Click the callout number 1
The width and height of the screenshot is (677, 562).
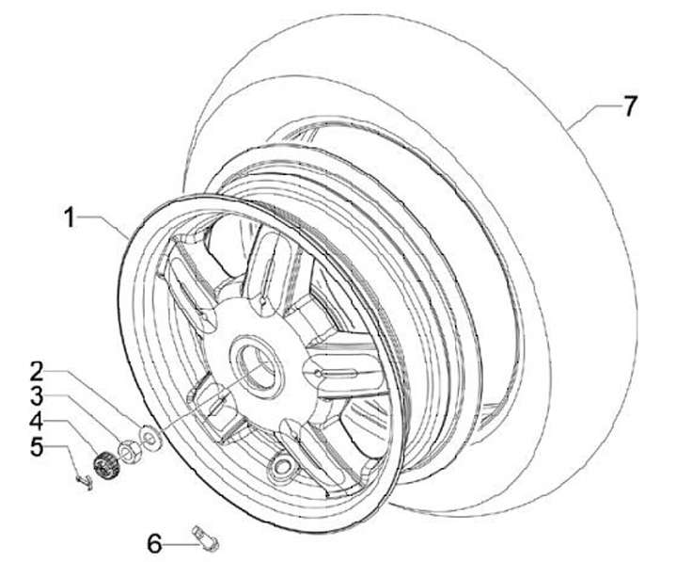[x=70, y=217]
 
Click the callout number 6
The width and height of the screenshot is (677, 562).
[x=154, y=542]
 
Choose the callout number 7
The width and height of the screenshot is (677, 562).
[x=630, y=106]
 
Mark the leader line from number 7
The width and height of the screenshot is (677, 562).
[x=592, y=110]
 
